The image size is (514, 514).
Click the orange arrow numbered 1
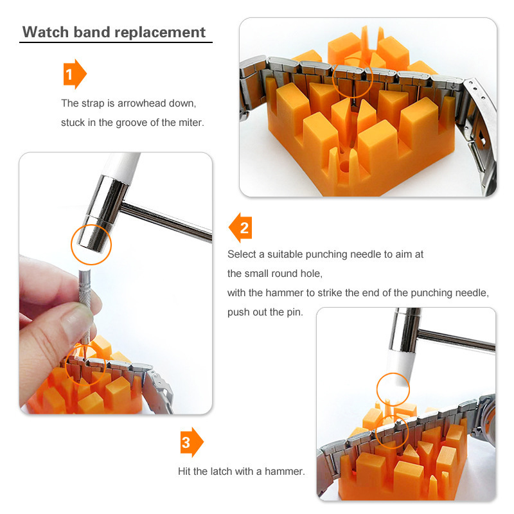click(75, 74)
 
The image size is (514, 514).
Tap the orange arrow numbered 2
click(240, 227)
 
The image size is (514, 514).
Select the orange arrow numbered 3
click(191, 442)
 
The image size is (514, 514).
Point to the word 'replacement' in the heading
click(160, 33)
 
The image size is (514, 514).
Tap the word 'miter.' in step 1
click(191, 123)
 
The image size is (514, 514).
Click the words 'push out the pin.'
click(265, 312)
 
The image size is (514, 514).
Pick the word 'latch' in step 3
click(221, 472)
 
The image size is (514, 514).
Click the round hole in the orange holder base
click(344, 166)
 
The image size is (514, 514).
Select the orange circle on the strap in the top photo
click(353, 78)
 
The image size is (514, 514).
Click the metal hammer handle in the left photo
click(166, 221)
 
